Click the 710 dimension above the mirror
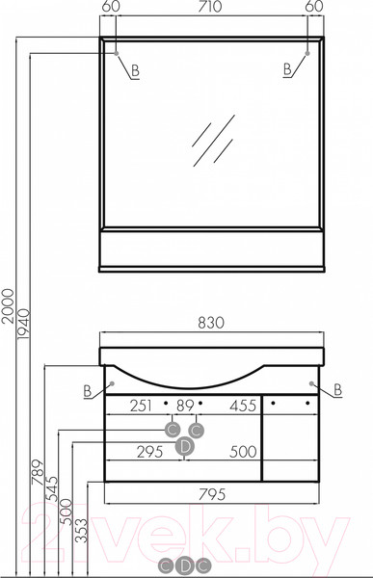[x=209, y=7]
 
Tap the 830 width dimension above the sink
[x=211, y=323]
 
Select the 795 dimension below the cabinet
[x=212, y=495]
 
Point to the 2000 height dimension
[x=8, y=306]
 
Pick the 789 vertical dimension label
[x=38, y=472]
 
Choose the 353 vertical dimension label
[x=81, y=531]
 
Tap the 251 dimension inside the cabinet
[x=141, y=406]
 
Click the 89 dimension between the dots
[x=185, y=406]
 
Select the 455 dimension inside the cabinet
[x=242, y=406]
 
